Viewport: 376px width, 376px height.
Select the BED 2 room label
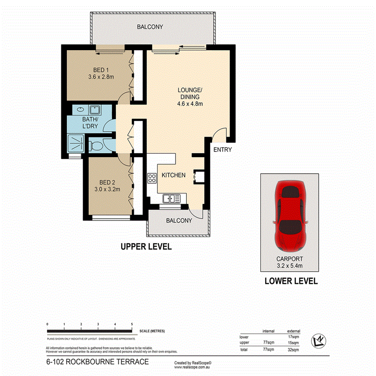point(107,185)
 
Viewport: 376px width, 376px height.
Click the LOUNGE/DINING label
point(190,97)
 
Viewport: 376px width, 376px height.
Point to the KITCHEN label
point(173,175)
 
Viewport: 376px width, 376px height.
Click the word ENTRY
point(222,150)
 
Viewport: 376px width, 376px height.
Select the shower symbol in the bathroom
point(75,143)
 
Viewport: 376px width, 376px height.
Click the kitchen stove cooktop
point(151,178)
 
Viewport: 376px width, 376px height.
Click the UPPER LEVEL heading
point(146,247)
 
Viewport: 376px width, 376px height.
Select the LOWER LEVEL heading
point(291,281)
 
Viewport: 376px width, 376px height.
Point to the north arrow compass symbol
point(319,341)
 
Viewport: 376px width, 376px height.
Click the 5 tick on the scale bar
point(132,324)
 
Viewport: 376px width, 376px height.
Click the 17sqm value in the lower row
point(294,337)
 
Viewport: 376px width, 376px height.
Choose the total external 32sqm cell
point(294,350)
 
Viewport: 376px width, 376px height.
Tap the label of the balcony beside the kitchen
point(179,221)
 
